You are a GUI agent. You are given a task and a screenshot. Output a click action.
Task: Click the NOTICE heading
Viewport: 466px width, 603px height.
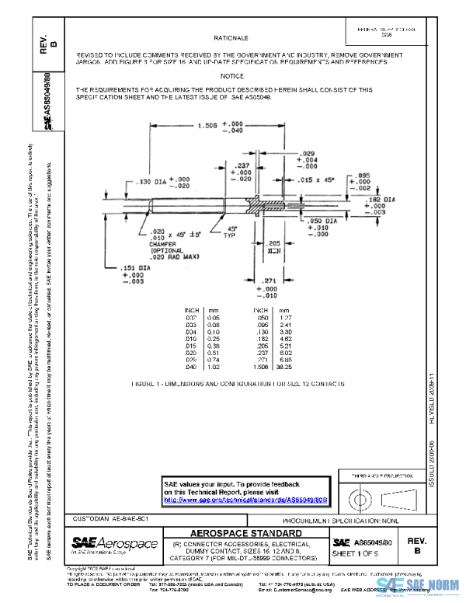click(x=231, y=76)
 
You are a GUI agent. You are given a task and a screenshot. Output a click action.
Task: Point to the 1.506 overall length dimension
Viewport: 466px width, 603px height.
click(x=207, y=125)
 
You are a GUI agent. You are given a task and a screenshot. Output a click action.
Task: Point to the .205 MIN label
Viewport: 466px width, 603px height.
click(x=273, y=247)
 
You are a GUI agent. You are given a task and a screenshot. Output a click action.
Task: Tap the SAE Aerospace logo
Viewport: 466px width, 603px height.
click(x=114, y=542)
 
